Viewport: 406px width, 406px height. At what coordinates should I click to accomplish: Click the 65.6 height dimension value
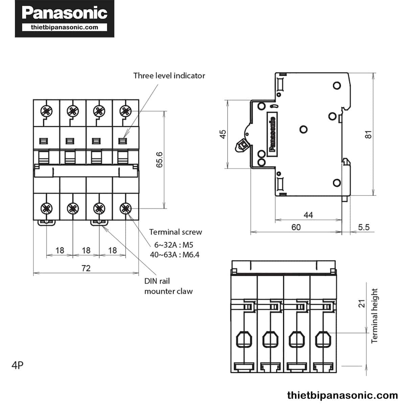tap(159, 160)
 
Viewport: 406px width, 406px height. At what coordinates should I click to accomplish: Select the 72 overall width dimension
tap(86, 268)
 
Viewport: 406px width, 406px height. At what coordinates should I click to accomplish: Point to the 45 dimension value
tap(223, 134)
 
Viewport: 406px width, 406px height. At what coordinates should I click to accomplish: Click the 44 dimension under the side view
tap(308, 215)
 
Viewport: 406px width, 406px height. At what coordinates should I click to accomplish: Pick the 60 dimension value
tap(296, 227)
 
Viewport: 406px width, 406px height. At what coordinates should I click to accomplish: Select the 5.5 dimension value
tap(364, 227)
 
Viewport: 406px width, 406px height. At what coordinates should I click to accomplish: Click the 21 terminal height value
tap(362, 303)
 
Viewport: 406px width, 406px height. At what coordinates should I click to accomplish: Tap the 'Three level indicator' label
tap(169, 75)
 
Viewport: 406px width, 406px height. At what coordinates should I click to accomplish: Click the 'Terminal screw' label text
tap(175, 232)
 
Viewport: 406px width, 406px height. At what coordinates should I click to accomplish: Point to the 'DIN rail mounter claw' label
tap(168, 286)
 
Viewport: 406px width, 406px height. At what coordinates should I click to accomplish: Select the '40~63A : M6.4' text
tap(175, 255)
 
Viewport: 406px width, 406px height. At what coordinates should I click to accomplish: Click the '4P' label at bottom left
tap(18, 365)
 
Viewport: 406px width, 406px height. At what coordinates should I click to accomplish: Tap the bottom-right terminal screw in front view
tap(126, 208)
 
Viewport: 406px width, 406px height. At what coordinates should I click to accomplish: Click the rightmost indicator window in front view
tap(122, 141)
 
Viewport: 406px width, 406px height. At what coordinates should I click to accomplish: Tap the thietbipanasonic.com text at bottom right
tap(342, 395)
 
